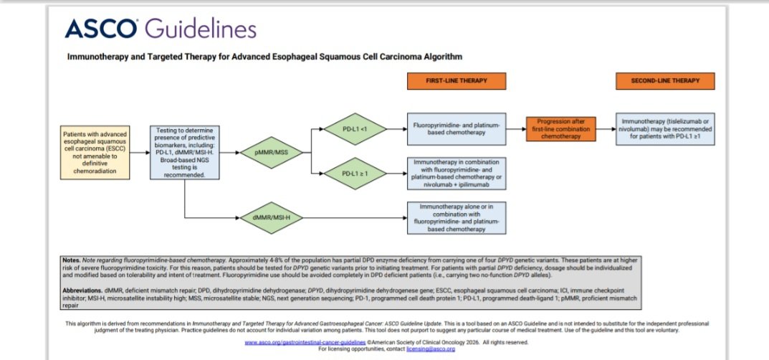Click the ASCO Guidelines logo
point(161,29)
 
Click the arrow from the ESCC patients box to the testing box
point(140,152)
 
